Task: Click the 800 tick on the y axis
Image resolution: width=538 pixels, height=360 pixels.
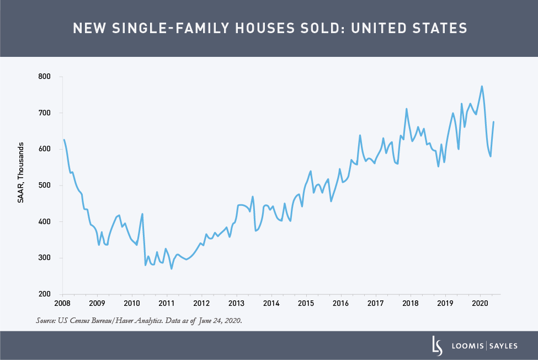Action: pos(51,76)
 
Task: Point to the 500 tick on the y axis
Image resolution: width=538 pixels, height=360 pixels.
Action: pos(51,185)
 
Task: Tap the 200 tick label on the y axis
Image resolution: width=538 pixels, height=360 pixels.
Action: pos(51,294)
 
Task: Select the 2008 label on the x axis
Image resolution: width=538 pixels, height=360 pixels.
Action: pos(62,303)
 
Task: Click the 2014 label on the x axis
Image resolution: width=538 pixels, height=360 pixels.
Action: pos(270,303)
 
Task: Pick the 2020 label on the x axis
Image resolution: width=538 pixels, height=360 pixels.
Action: pos(480,303)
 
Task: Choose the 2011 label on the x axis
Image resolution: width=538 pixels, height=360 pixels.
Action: pos(166,303)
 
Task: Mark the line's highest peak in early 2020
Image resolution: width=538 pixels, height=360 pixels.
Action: pos(482,86)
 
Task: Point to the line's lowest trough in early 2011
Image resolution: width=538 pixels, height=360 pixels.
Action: pos(172,268)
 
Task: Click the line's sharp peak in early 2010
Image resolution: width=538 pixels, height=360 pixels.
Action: pos(142,214)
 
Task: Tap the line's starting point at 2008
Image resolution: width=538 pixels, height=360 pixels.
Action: pos(63,140)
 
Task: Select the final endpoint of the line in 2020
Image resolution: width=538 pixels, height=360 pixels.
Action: pos(493,122)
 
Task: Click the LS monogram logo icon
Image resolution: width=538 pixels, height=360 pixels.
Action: pos(437,345)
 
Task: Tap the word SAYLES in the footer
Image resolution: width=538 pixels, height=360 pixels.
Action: pos(504,346)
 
